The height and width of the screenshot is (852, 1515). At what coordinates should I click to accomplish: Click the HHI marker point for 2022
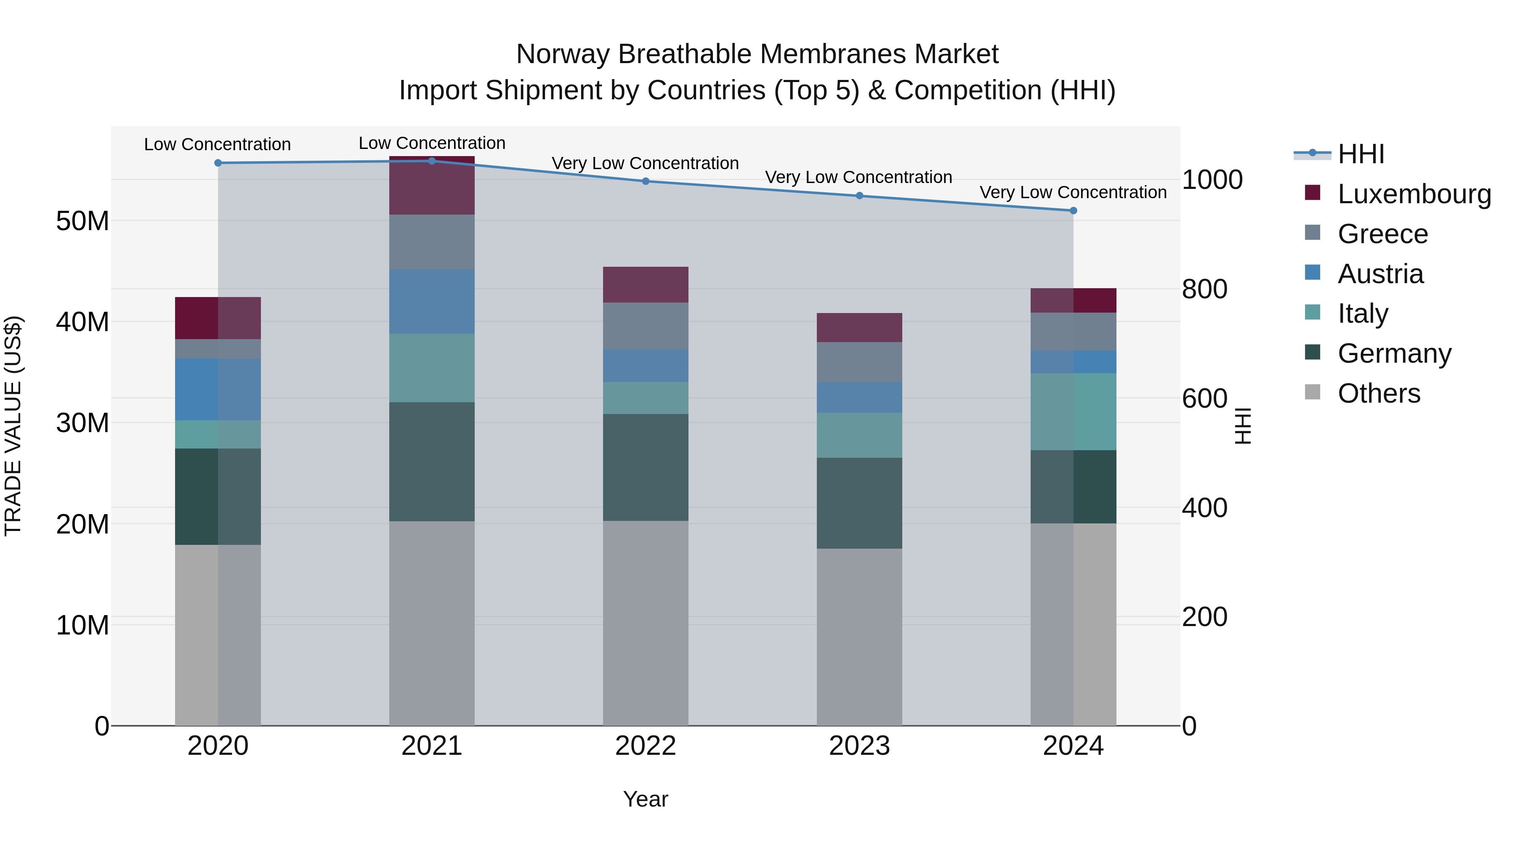pyautogui.click(x=645, y=181)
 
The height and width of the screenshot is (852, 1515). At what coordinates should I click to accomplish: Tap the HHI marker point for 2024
pyautogui.click(x=1073, y=210)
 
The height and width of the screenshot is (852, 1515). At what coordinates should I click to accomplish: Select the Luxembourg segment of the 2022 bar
pyautogui.click(x=645, y=284)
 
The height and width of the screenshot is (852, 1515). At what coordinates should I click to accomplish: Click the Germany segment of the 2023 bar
pyautogui.click(x=859, y=503)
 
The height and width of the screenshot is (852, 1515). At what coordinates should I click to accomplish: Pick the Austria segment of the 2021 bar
pyautogui.click(x=432, y=302)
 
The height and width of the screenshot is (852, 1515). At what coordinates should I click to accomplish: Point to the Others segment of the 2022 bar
pyautogui.click(x=645, y=623)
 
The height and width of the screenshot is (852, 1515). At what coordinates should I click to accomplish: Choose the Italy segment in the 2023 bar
pyautogui.click(x=859, y=435)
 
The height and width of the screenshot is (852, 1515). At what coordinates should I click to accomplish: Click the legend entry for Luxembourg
pyautogui.click(x=1414, y=194)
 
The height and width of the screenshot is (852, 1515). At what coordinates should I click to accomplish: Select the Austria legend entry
pyautogui.click(x=1380, y=274)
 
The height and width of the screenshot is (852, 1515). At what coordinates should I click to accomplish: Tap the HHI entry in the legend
pyautogui.click(x=1360, y=154)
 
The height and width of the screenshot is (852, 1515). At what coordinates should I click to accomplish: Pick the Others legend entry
pyautogui.click(x=1379, y=393)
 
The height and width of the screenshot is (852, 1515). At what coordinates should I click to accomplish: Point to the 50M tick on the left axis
pyautogui.click(x=82, y=221)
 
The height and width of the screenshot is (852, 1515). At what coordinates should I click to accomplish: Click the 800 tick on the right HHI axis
pyautogui.click(x=1204, y=289)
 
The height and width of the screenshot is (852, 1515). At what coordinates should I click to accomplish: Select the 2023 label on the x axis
pyautogui.click(x=859, y=746)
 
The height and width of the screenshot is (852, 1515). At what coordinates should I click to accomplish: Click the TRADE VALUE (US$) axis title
pyautogui.click(x=13, y=426)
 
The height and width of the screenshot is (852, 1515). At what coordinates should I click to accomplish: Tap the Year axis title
pyautogui.click(x=645, y=799)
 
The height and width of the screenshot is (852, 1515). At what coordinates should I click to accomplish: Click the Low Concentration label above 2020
pyautogui.click(x=217, y=145)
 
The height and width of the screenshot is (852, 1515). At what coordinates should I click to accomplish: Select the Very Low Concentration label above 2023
pyautogui.click(x=858, y=177)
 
